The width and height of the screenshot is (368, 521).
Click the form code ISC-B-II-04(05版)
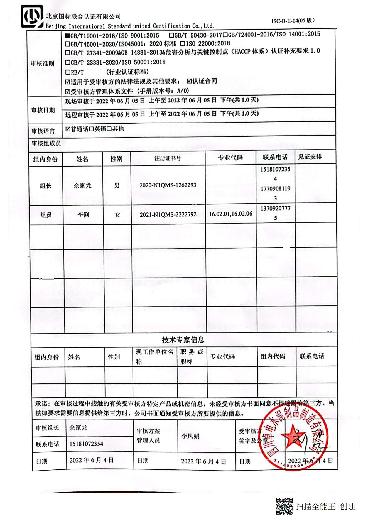(x=293, y=21)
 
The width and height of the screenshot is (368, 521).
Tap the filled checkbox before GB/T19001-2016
(x=67, y=36)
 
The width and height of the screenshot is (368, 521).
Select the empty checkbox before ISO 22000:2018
(x=183, y=44)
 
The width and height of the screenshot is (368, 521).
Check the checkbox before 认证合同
(x=189, y=81)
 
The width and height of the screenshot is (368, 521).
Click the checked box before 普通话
(x=68, y=129)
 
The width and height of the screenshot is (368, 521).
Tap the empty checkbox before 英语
(x=91, y=129)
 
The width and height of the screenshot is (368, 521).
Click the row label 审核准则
(x=42, y=63)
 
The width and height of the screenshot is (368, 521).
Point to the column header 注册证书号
(x=168, y=158)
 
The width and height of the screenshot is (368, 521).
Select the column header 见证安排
(x=310, y=157)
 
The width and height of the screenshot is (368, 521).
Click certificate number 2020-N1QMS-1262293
(x=168, y=185)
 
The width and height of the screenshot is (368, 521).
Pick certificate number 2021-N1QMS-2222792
(x=168, y=214)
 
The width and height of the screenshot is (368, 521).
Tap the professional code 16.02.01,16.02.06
(x=230, y=214)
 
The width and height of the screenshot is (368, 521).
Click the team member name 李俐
(x=83, y=215)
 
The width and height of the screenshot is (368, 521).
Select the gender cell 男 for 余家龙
(x=117, y=185)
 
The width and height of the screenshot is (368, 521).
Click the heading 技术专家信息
(x=183, y=340)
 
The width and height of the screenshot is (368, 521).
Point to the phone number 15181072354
(x=86, y=444)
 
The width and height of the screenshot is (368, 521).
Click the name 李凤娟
(x=190, y=436)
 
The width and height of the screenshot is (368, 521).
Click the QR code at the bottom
(x=284, y=506)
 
